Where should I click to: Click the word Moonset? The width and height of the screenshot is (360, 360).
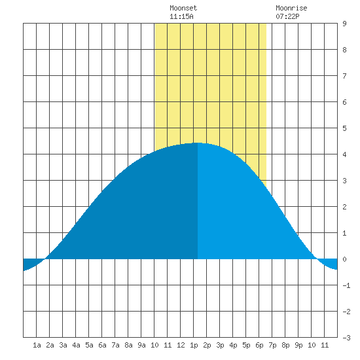pyautogui.click(x=183, y=8)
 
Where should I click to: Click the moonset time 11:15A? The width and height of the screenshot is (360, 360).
pyautogui.click(x=181, y=16)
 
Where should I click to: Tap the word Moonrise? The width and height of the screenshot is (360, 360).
pyautogui.click(x=291, y=8)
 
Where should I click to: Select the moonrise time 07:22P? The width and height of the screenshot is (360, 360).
pyautogui.click(x=287, y=16)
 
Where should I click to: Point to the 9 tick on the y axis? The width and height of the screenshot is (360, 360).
pyautogui.click(x=344, y=24)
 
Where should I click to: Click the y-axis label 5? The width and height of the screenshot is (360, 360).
pyautogui.click(x=344, y=128)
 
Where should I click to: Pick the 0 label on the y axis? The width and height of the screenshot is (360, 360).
pyautogui.click(x=344, y=259)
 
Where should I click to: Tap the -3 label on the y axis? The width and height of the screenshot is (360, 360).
pyautogui.click(x=346, y=338)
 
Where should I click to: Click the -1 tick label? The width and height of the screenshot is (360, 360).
pyautogui.click(x=346, y=285)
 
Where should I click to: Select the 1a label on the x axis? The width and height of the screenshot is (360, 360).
pyautogui.click(x=37, y=345)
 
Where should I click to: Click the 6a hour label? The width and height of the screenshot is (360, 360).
pyautogui.click(x=102, y=345)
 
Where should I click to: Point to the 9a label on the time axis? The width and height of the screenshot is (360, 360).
pyautogui.click(x=141, y=345)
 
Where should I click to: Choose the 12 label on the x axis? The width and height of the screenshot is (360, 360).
pyautogui.click(x=181, y=345)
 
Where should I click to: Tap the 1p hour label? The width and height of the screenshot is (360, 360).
pyautogui.click(x=194, y=345)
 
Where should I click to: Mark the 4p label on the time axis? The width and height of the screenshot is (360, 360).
pyautogui.click(x=233, y=345)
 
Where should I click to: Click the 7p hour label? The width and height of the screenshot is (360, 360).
pyautogui.click(x=272, y=345)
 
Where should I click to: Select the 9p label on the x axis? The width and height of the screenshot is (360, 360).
pyautogui.click(x=298, y=345)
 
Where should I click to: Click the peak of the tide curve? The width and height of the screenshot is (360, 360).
pyautogui.click(x=198, y=143)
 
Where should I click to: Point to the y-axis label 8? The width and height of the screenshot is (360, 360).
pyautogui.click(x=344, y=50)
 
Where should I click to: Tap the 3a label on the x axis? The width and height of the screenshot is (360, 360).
pyautogui.click(x=63, y=345)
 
